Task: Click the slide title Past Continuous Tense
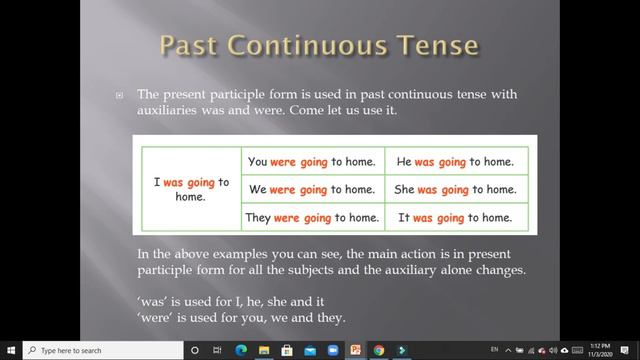(320, 47)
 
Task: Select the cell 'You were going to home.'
(312, 161)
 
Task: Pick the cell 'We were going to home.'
(312, 189)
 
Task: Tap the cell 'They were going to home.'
(312, 217)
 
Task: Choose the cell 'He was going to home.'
(455, 161)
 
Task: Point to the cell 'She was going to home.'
(455, 189)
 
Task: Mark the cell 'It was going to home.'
(455, 217)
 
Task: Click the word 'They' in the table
(258, 217)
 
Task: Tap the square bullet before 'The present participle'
(119, 95)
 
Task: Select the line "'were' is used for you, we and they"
(241, 318)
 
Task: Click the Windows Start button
(9, 350)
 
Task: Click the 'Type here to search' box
(100, 350)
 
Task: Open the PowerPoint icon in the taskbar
(355, 350)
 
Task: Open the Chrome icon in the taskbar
(378, 350)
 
